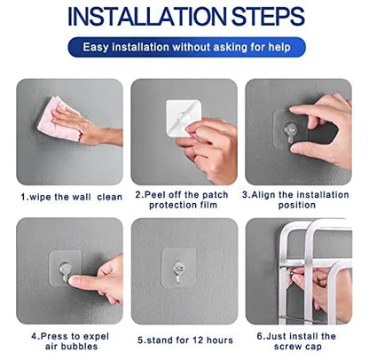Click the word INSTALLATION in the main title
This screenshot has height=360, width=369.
[147, 17]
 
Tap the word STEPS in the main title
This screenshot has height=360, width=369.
[268, 17]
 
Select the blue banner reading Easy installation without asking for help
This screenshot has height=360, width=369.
[186, 47]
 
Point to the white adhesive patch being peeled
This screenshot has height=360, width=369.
[183, 117]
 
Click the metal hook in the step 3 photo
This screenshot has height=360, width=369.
[290, 131]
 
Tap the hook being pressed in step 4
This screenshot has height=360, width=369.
[65, 271]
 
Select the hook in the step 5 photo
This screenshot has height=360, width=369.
[178, 270]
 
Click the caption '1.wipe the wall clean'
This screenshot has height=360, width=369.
[72, 197]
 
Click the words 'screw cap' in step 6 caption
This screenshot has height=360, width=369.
[297, 347]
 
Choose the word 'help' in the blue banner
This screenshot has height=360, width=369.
[279, 47]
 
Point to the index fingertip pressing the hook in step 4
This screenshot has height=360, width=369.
[72, 279]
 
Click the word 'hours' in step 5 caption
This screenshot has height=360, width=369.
[220, 340]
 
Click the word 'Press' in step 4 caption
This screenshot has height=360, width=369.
[54, 336]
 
